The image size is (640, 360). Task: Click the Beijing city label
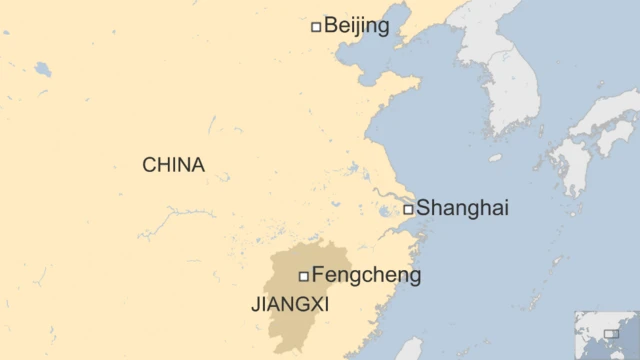(357, 26)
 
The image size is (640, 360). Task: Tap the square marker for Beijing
(316, 27)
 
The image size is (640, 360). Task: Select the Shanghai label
(462, 208)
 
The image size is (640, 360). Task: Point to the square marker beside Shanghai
(408, 209)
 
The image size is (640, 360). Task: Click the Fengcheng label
(366, 275)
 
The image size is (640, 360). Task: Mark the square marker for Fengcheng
(303, 276)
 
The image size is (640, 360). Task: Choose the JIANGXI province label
(289, 303)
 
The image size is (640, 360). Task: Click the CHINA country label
(173, 165)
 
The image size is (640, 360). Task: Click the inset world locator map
(604, 335)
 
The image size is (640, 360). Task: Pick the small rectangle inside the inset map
(611, 333)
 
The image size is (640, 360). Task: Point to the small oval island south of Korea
(496, 157)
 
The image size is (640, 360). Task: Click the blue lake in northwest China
(42, 69)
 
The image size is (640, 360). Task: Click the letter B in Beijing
(331, 26)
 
